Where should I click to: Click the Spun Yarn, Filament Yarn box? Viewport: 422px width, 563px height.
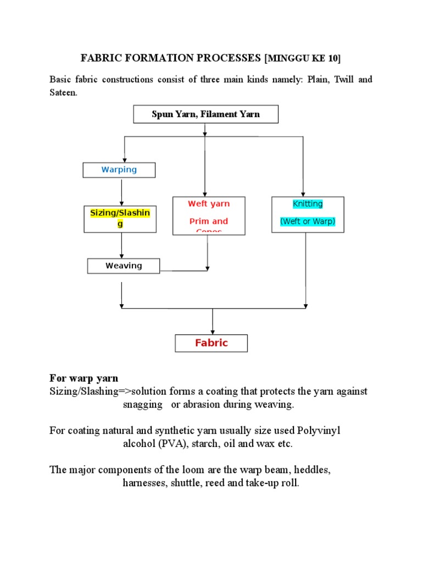click(x=206, y=114)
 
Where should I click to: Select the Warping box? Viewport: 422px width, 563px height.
click(x=119, y=170)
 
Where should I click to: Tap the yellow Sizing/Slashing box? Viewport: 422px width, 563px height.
click(x=119, y=218)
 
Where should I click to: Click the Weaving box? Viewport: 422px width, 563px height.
click(x=124, y=266)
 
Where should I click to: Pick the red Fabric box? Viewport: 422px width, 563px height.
click(x=211, y=343)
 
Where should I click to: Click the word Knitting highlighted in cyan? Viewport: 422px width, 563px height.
click(x=308, y=204)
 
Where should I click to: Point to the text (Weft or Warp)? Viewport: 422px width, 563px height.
click(x=308, y=222)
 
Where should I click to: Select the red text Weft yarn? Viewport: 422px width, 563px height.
click(x=209, y=204)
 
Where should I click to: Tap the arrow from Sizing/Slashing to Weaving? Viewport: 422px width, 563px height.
click(x=121, y=245)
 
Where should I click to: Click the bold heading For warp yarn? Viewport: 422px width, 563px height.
click(x=84, y=378)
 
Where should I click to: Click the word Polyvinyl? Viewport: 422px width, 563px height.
click(x=319, y=430)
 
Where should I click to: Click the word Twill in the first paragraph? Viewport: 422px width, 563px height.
click(x=342, y=80)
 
